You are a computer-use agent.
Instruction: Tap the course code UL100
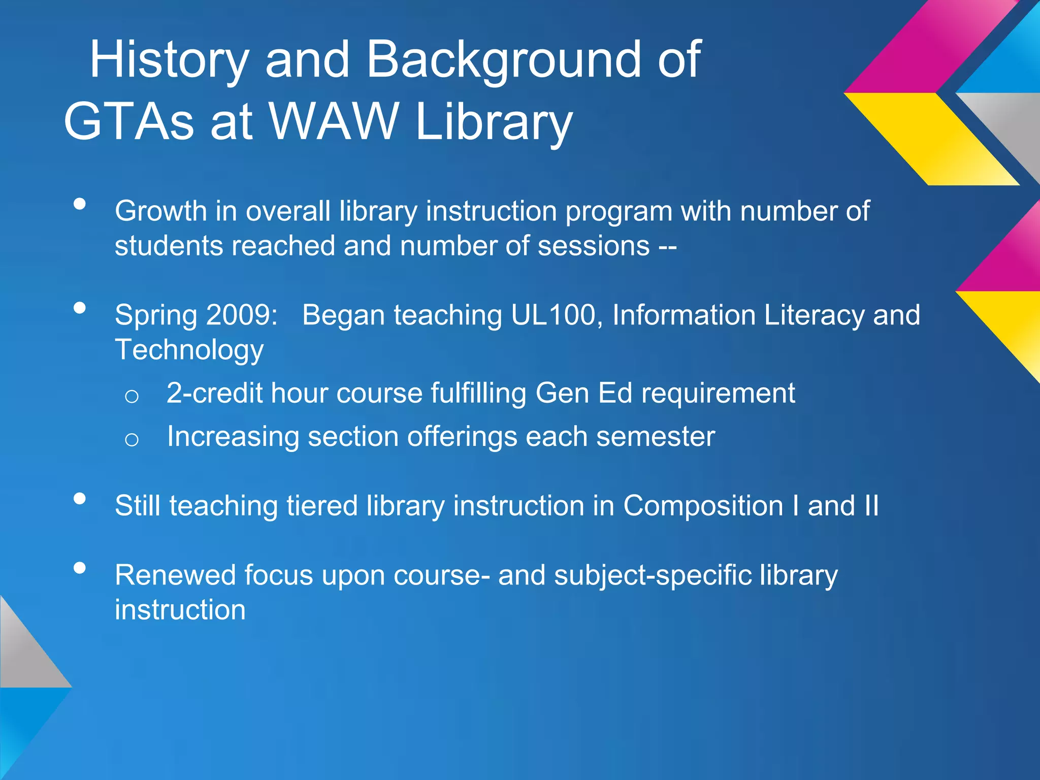pos(557,315)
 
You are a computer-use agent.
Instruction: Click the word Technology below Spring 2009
pos(189,350)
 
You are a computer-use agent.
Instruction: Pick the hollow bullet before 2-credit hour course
pos(132,396)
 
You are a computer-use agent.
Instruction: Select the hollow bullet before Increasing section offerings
pos(132,439)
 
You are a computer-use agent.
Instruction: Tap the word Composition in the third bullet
pos(703,506)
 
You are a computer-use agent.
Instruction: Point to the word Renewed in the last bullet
pos(175,575)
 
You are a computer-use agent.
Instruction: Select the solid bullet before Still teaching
pos(80,499)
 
